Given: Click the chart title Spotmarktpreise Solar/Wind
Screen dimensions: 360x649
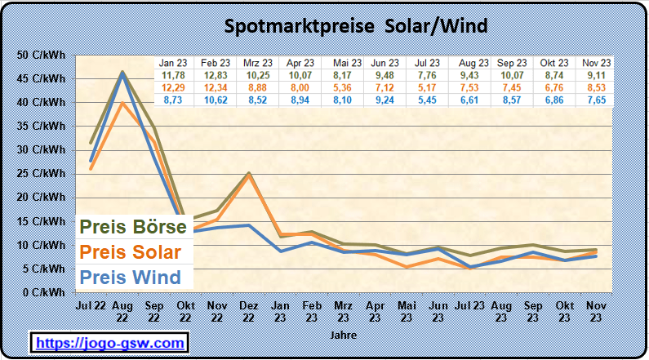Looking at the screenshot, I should [356, 26].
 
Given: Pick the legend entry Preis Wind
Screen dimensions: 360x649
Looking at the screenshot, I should [130, 278].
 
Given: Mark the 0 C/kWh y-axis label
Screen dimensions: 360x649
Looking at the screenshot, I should [44, 292].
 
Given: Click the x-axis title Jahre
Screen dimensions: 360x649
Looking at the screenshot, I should [343, 335].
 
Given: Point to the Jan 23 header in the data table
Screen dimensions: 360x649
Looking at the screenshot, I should [172, 63].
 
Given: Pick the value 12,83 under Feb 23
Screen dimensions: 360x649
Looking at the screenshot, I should [215, 75].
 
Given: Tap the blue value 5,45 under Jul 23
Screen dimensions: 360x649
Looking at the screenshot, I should [428, 98].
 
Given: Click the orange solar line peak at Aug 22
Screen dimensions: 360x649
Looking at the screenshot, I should [122, 103].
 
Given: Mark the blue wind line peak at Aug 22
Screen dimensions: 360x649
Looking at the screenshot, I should [122, 73].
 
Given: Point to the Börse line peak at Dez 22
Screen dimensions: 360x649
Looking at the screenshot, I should [248, 173].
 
